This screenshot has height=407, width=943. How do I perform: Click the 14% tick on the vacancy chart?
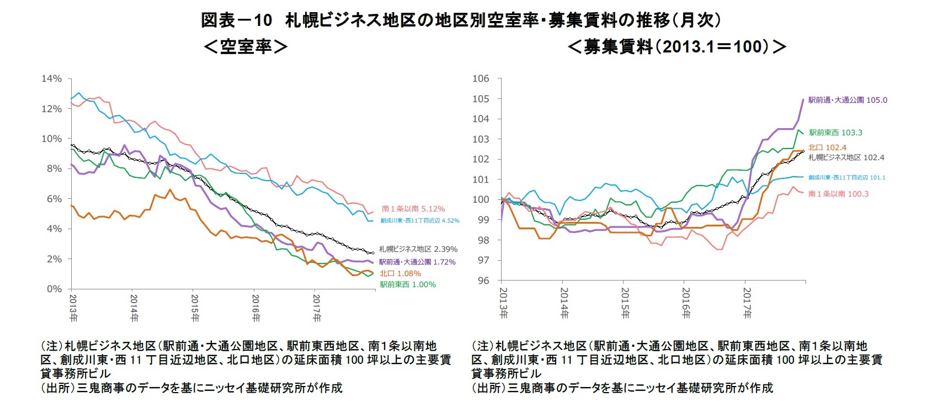(x=51, y=79)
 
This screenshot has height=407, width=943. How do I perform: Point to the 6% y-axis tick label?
(x=53, y=199)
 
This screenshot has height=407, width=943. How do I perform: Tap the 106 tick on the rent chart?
(x=481, y=78)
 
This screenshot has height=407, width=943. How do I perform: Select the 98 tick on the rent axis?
(x=482, y=240)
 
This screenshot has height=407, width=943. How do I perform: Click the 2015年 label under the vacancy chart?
(x=195, y=308)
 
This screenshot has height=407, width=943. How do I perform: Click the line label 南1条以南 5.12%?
(x=413, y=209)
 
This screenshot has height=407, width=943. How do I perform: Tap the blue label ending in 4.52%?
(x=419, y=220)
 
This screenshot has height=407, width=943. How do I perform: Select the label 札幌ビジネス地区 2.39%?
(x=418, y=249)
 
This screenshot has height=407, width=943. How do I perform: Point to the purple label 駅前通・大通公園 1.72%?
(x=417, y=262)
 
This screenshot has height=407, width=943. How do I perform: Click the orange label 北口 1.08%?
(x=400, y=273)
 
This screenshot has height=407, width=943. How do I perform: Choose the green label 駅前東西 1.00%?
(x=407, y=284)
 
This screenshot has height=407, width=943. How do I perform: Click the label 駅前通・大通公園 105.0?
(x=848, y=100)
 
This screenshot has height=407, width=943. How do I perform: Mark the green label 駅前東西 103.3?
(x=835, y=133)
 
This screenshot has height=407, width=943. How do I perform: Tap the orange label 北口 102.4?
(x=827, y=147)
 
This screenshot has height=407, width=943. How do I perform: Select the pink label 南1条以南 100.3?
(x=838, y=194)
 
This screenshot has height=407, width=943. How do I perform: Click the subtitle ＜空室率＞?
(x=246, y=46)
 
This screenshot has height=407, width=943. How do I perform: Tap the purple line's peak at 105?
(x=803, y=99)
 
